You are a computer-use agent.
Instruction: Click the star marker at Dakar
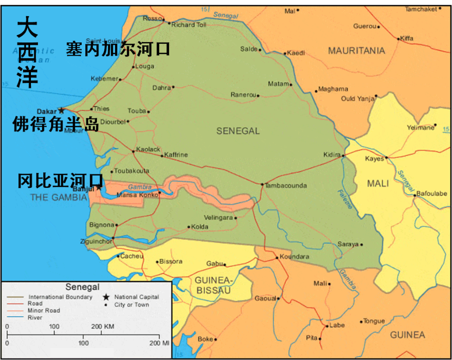(61, 111)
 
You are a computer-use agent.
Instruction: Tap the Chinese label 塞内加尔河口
(118, 49)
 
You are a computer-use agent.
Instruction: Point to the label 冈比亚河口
(60, 180)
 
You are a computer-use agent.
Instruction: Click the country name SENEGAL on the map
(238, 131)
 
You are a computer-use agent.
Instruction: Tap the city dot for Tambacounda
(262, 185)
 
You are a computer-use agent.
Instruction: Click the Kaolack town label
(148, 149)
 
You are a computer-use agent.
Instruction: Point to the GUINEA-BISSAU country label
(212, 285)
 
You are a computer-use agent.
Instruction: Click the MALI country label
(378, 184)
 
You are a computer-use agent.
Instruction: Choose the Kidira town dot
(343, 156)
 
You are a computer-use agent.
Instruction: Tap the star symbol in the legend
(107, 297)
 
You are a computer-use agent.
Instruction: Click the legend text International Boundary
(60, 297)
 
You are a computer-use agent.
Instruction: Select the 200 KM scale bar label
(102, 326)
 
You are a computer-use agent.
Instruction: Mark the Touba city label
(137, 111)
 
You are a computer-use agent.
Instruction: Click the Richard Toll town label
(189, 25)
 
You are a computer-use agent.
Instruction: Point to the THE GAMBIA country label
(59, 198)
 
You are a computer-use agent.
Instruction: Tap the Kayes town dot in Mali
(387, 157)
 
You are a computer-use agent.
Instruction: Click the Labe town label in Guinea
(337, 325)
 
